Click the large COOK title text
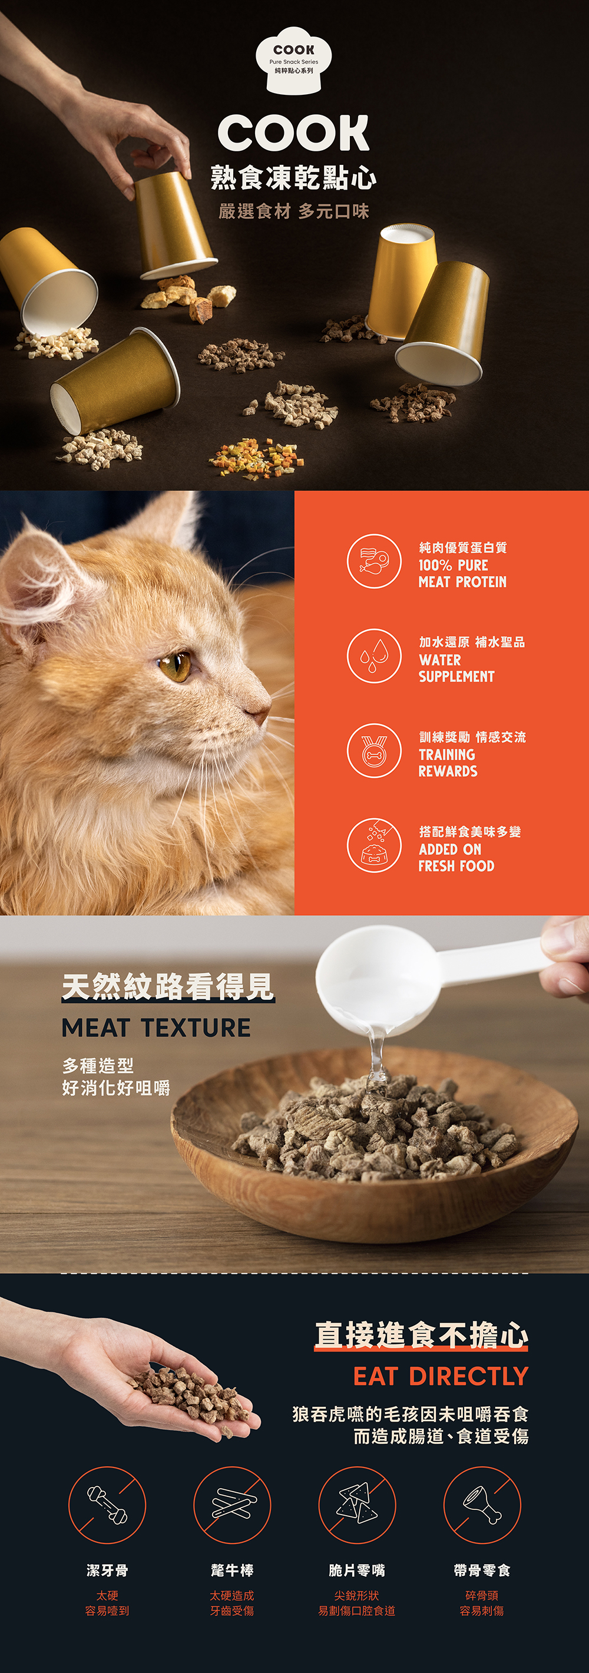pos(293,133)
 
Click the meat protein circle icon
pos(374,561)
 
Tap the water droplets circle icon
pos(374,656)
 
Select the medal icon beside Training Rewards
pos(374,751)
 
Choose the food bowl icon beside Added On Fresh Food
pos(374,846)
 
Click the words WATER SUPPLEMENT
pos(456,668)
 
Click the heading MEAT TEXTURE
pos(156,1028)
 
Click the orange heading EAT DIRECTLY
pos(441,1376)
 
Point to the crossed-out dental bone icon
pos(107,1505)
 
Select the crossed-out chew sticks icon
pos(232,1505)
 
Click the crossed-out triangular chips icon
pos(357,1505)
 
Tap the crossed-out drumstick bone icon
pos(482,1505)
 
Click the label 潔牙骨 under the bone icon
pos(107,1571)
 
